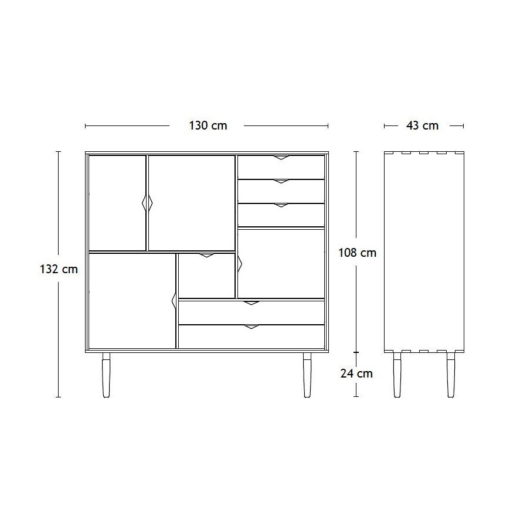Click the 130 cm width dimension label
pyautogui.click(x=208, y=125)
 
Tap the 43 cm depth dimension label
pyautogui.click(x=422, y=125)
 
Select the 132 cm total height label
pyautogui.click(x=58, y=269)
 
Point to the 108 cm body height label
pyautogui.click(x=357, y=253)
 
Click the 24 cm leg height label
pyautogui.click(x=356, y=373)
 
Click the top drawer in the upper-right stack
pyautogui.click(x=281, y=166)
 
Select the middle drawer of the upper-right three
pyautogui.click(x=281, y=191)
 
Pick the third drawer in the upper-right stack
pyautogui.click(x=281, y=215)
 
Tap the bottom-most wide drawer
pyautogui.click(x=251, y=337)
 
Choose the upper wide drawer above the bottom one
pyautogui.click(x=251, y=312)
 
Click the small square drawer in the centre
pyautogui.click(x=206, y=276)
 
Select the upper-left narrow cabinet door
pyautogui.click(x=117, y=203)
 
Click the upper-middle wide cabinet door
pyautogui.click(x=192, y=203)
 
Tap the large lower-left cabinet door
pyautogui.click(x=132, y=301)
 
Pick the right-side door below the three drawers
pyautogui.click(x=281, y=264)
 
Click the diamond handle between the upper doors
pyautogui.click(x=147, y=203)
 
